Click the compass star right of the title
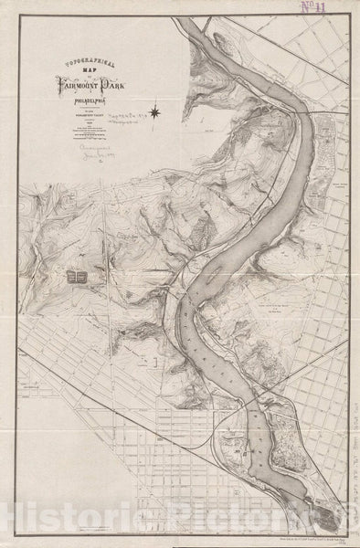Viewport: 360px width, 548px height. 155,114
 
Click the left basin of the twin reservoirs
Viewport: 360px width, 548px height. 74,276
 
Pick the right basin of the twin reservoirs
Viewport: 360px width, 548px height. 84,276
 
